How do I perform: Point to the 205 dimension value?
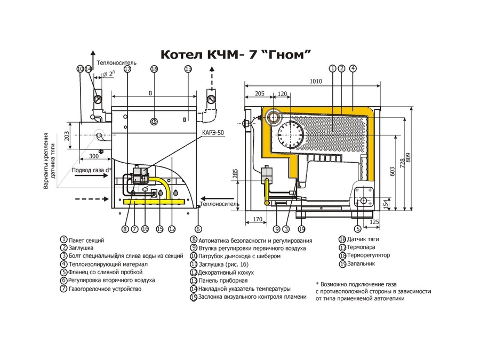click(x=259, y=93)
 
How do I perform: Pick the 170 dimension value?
click(x=257, y=219)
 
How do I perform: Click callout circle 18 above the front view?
click(x=154, y=69)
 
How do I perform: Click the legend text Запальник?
click(x=362, y=263)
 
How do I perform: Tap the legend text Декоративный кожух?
click(x=226, y=273)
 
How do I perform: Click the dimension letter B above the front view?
click(x=150, y=93)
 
